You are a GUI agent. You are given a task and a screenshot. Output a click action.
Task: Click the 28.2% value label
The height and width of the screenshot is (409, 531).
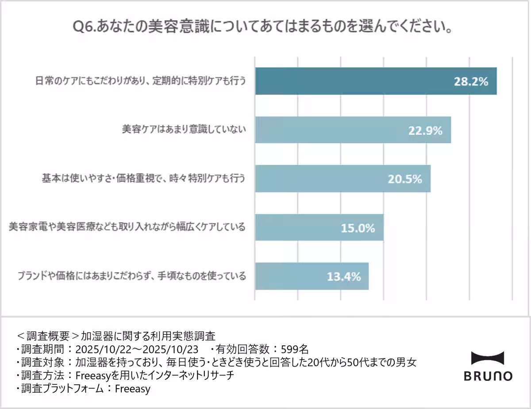pos(471,82)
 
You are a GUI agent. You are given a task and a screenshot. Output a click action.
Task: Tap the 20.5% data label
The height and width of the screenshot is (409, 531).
pos(405,179)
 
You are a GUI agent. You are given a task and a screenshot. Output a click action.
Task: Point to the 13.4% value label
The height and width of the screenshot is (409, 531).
pos(344,276)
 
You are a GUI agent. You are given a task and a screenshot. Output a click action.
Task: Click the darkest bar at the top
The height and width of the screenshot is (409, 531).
pos(354,82)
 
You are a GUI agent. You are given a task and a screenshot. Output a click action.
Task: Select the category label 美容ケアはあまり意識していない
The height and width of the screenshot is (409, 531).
pos(184,130)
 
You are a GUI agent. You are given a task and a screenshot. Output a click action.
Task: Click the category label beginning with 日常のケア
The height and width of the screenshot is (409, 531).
pos(140,81)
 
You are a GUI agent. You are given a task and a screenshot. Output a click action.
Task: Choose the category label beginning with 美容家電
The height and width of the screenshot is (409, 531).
pos(127,227)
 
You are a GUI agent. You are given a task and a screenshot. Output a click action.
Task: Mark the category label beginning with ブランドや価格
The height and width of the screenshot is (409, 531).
pos(131,276)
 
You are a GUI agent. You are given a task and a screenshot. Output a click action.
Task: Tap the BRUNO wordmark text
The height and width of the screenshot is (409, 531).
pos(488,376)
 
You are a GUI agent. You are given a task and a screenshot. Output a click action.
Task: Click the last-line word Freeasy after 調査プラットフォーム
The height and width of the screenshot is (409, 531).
pos(132,389)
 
